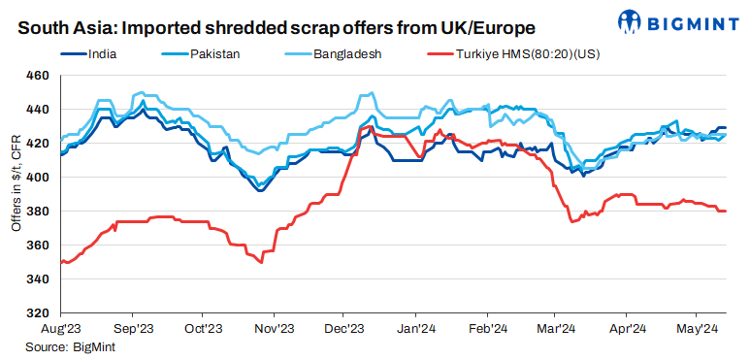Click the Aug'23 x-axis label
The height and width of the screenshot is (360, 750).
coord(60,329)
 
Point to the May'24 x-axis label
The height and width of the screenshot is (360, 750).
coord(697,329)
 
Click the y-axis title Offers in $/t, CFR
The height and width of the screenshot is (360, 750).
coord(14,194)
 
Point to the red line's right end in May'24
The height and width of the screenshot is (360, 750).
coord(726,212)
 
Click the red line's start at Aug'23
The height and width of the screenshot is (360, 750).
coord(60,262)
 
